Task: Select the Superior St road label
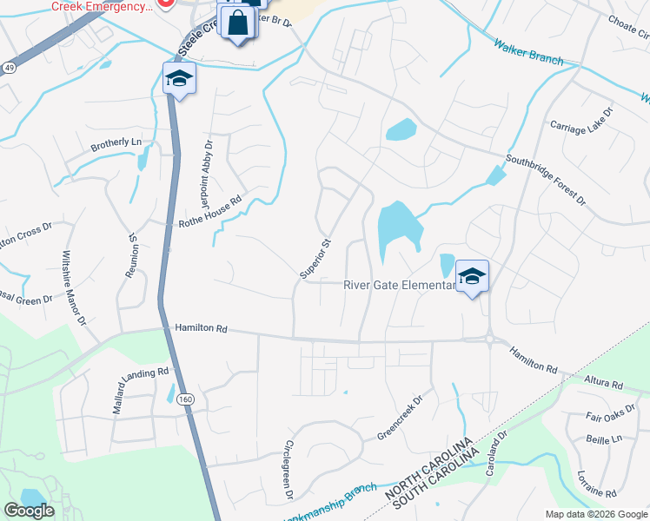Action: tap(316, 259)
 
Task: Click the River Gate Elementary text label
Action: tap(399, 284)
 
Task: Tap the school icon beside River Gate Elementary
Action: tap(472, 277)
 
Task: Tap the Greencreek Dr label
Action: tap(399, 418)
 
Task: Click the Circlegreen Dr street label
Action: tap(289, 469)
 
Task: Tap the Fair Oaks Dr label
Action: tap(605, 415)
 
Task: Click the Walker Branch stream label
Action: tap(528, 53)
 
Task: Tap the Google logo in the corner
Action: tap(30, 511)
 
